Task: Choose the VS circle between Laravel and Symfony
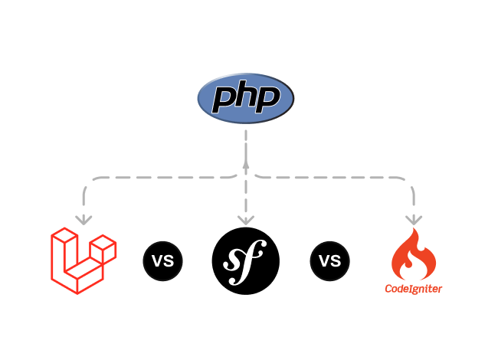click(162, 261)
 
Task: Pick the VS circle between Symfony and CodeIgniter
click(329, 261)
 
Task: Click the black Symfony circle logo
click(245, 261)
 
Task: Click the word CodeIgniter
click(414, 289)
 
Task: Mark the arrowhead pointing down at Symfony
click(245, 219)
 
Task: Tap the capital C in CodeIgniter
click(389, 289)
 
